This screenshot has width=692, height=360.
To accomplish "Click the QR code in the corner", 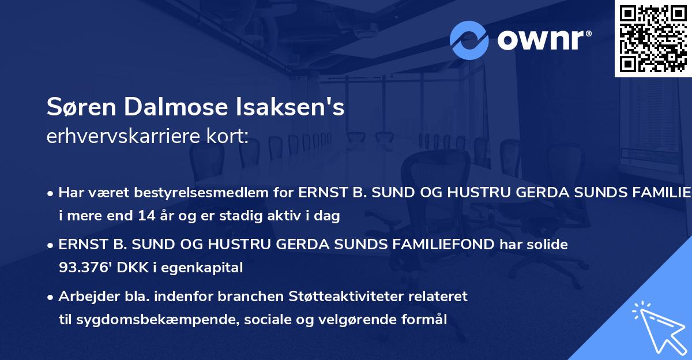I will pyautogui.click(x=653, y=39).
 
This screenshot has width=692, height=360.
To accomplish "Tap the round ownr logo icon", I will pyautogui.click(x=469, y=40).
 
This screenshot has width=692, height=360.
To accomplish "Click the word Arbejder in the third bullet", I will pyautogui.click(x=84, y=297).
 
